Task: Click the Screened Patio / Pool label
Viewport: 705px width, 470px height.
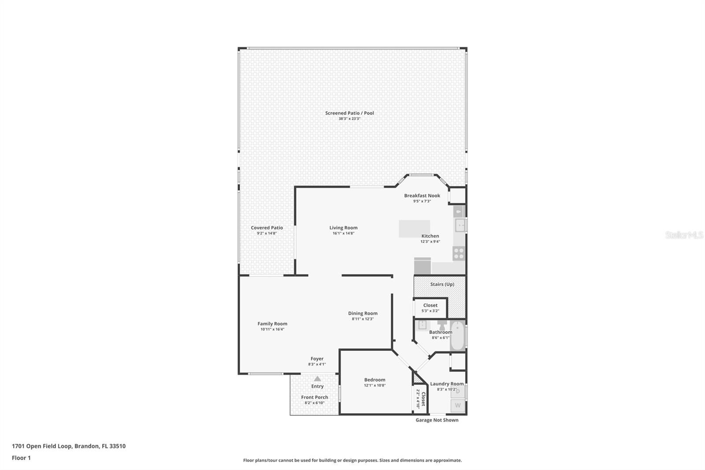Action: (x=349, y=113)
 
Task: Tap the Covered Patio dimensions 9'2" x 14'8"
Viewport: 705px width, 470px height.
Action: (x=267, y=233)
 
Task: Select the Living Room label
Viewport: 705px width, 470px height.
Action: (x=343, y=228)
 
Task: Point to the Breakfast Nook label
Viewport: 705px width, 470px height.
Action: (x=422, y=195)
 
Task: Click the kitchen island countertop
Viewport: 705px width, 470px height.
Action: (x=414, y=228)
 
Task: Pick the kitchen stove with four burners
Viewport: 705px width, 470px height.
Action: (x=459, y=254)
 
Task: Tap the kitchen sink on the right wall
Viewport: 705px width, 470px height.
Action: (x=460, y=225)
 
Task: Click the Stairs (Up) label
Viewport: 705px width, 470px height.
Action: (x=442, y=284)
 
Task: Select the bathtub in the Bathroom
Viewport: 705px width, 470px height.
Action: (x=457, y=337)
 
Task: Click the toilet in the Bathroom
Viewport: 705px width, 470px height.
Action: (x=442, y=325)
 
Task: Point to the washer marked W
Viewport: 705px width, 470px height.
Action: (x=458, y=405)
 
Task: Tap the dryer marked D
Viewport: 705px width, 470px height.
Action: (x=458, y=391)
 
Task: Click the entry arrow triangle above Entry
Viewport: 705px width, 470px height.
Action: (x=317, y=378)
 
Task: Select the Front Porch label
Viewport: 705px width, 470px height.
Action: (x=315, y=397)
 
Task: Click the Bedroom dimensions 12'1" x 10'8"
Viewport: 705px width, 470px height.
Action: (x=375, y=385)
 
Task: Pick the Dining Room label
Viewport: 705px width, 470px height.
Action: (x=363, y=313)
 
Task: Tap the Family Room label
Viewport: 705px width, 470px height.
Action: (x=272, y=324)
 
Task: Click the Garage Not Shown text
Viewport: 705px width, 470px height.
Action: (x=437, y=420)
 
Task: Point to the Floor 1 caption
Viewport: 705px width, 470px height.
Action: (x=21, y=458)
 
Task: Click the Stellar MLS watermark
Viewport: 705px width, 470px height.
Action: (x=684, y=235)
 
